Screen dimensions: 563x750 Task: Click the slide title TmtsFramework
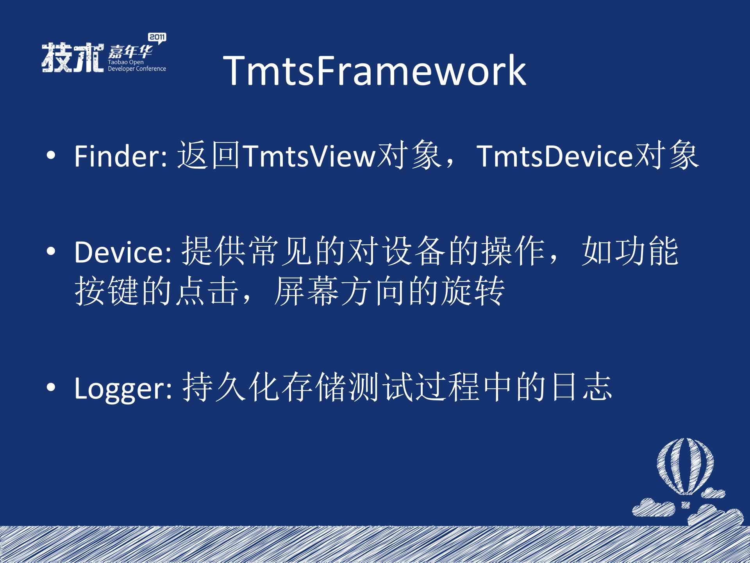[x=374, y=71]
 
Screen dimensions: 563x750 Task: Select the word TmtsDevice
[x=554, y=156]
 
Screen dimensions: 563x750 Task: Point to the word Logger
[x=119, y=389]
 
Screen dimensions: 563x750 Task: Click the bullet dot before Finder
[x=51, y=156]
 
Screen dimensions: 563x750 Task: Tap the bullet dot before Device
[x=51, y=252]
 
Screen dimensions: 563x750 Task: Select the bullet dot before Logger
[x=51, y=387]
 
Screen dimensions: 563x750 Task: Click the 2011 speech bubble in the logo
[x=157, y=38]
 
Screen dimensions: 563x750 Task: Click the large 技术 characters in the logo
[x=73, y=57]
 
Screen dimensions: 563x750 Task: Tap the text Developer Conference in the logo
[x=137, y=69]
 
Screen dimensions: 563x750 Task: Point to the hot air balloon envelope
[x=685, y=465]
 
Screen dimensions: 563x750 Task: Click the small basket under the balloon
[x=686, y=505]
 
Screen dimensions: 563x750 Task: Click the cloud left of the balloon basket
[x=653, y=508]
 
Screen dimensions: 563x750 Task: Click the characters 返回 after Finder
[x=209, y=156]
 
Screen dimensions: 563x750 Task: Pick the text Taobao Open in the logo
[x=125, y=62]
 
